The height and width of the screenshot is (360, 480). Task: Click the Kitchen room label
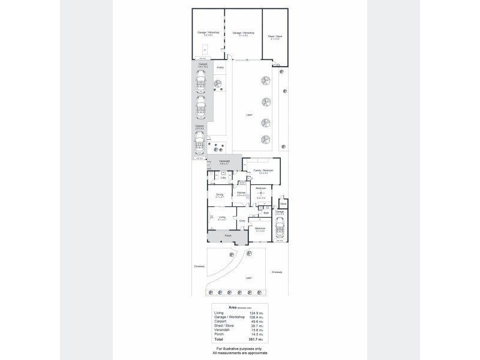(x=242, y=193)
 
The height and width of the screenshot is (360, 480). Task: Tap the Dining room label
(x=220, y=194)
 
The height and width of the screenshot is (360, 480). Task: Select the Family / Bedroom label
(x=263, y=171)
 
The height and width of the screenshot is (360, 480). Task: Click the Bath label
(x=266, y=212)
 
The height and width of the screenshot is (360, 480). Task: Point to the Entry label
(x=242, y=221)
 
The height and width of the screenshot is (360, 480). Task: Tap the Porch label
(x=228, y=236)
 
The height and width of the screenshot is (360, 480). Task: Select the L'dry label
(x=223, y=178)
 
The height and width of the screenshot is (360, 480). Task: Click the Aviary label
(x=220, y=68)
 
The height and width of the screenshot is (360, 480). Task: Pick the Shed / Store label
(x=275, y=37)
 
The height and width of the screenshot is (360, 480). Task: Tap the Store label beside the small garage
(x=283, y=203)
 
